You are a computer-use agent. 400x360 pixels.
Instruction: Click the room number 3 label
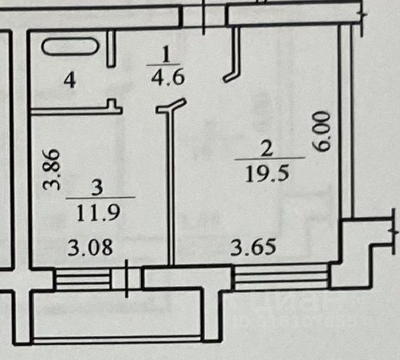click(x=99, y=188)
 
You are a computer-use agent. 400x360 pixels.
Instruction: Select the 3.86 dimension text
click(x=56, y=169)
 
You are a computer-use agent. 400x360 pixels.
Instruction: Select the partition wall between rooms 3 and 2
click(x=171, y=193)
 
